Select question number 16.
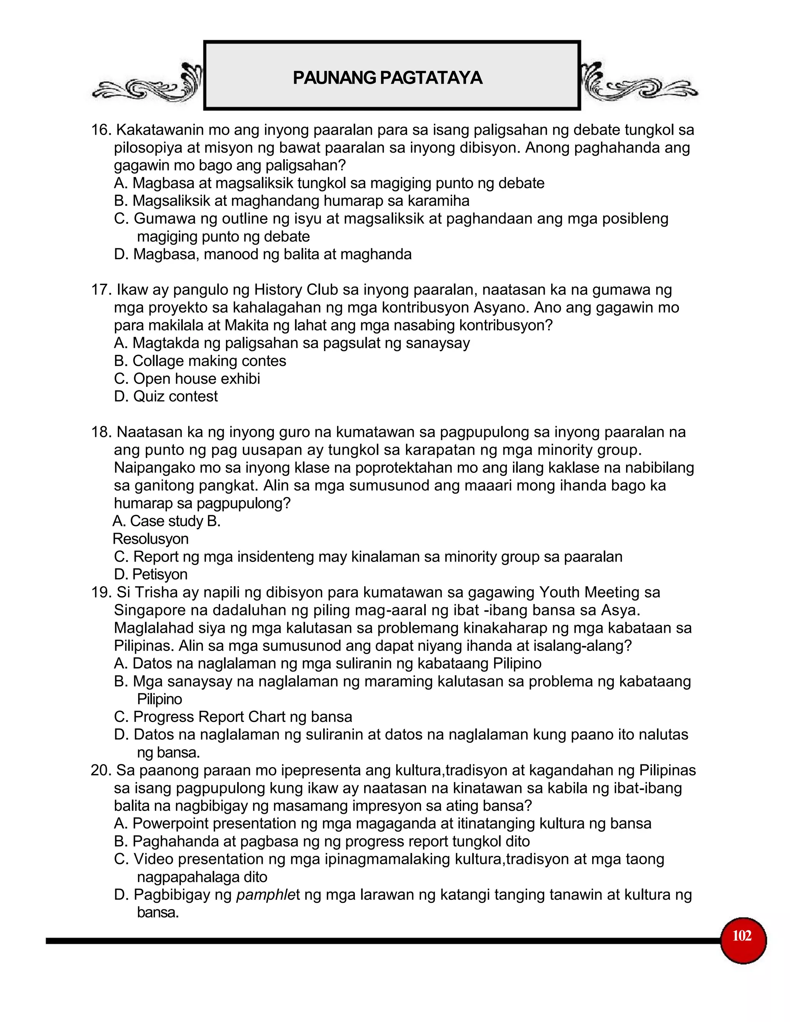pyautogui.click(x=100, y=130)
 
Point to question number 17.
pyautogui.click(x=100, y=290)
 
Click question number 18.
pyautogui.click(x=100, y=432)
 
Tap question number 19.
pyautogui.click(x=100, y=592)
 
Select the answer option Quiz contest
pyautogui.click(x=175, y=397)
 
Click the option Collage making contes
pyautogui.click(x=209, y=361)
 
